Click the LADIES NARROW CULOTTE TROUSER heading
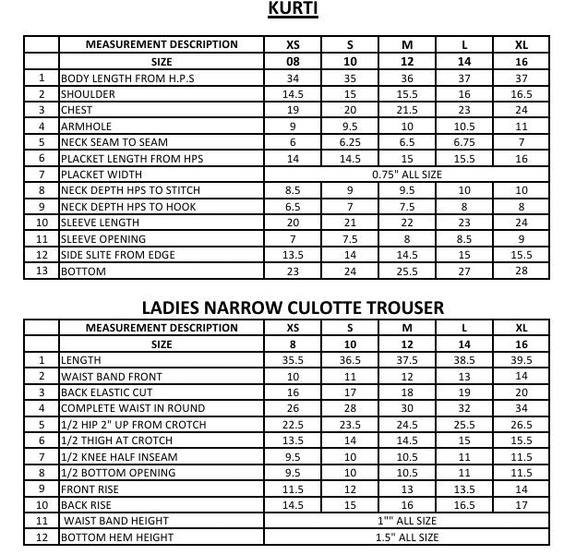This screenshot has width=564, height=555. pyautogui.click(x=293, y=307)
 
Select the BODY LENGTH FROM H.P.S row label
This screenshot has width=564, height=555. pyautogui.click(x=128, y=78)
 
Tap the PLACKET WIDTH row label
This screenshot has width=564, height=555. pyautogui.click(x=101, y=174)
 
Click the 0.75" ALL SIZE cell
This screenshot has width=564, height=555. pyautogui.click(x=406, y=174)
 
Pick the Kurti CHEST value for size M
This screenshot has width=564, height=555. pyautogui.click(x=407, y=110)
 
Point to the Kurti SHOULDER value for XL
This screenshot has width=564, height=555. pyautogui.click(x=522, y=94)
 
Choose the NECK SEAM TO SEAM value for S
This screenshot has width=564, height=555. pyautogui.click(x=350, y=142)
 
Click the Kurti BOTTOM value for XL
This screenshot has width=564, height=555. pyautogui.click(x=522, y=271)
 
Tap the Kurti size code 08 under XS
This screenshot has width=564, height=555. pyautogui.click(x=293, y=62)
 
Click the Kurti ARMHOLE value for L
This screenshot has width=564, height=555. pyautogui.click(x=464, y=126)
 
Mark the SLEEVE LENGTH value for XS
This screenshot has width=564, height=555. pyautogui.click(x=293, y=223)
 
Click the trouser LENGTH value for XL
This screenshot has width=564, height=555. pyautogui.click(x=522, y=360)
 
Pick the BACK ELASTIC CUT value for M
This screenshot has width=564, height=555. pyautogui.click(x=407, y=392)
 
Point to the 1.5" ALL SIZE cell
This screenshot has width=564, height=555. pyautogui.click(x=407, y=537)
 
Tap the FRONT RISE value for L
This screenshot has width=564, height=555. pyautogui.click(x=464, y=489)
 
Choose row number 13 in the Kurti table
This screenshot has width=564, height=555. pyautogui.click(x=42, y=271)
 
